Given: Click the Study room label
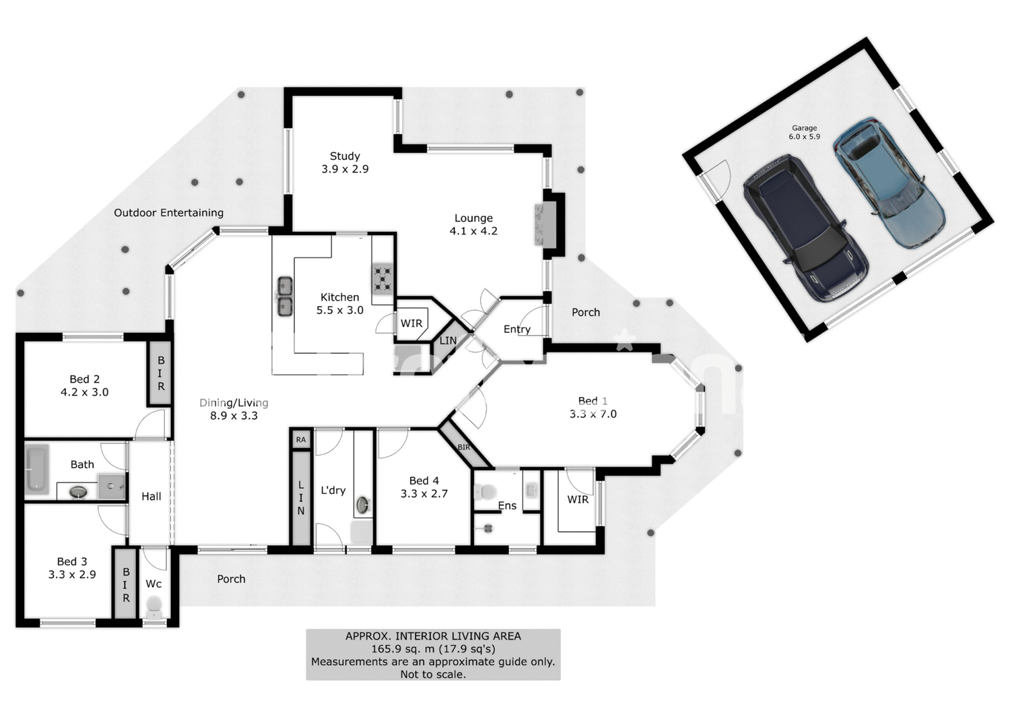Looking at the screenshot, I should [345, 156].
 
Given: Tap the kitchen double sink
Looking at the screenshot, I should [285, 297].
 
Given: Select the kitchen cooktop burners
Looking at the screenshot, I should [383, 278].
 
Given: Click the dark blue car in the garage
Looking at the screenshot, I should [806, 228].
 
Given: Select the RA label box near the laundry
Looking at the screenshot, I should [301, 439].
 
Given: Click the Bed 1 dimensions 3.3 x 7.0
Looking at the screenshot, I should [593, 414].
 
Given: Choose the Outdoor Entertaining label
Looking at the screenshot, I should [168, 213].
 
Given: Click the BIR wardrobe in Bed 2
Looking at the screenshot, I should [160, 373].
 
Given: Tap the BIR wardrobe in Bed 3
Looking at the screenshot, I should [125, 584].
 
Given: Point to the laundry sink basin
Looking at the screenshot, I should [363, 504].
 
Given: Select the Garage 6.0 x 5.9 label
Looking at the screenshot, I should [804, 132].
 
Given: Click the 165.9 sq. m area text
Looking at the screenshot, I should [433, 649].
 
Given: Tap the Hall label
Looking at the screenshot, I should [151, 497].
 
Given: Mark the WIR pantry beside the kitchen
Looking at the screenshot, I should [411, 323].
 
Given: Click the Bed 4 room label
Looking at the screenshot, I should [424, 480].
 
